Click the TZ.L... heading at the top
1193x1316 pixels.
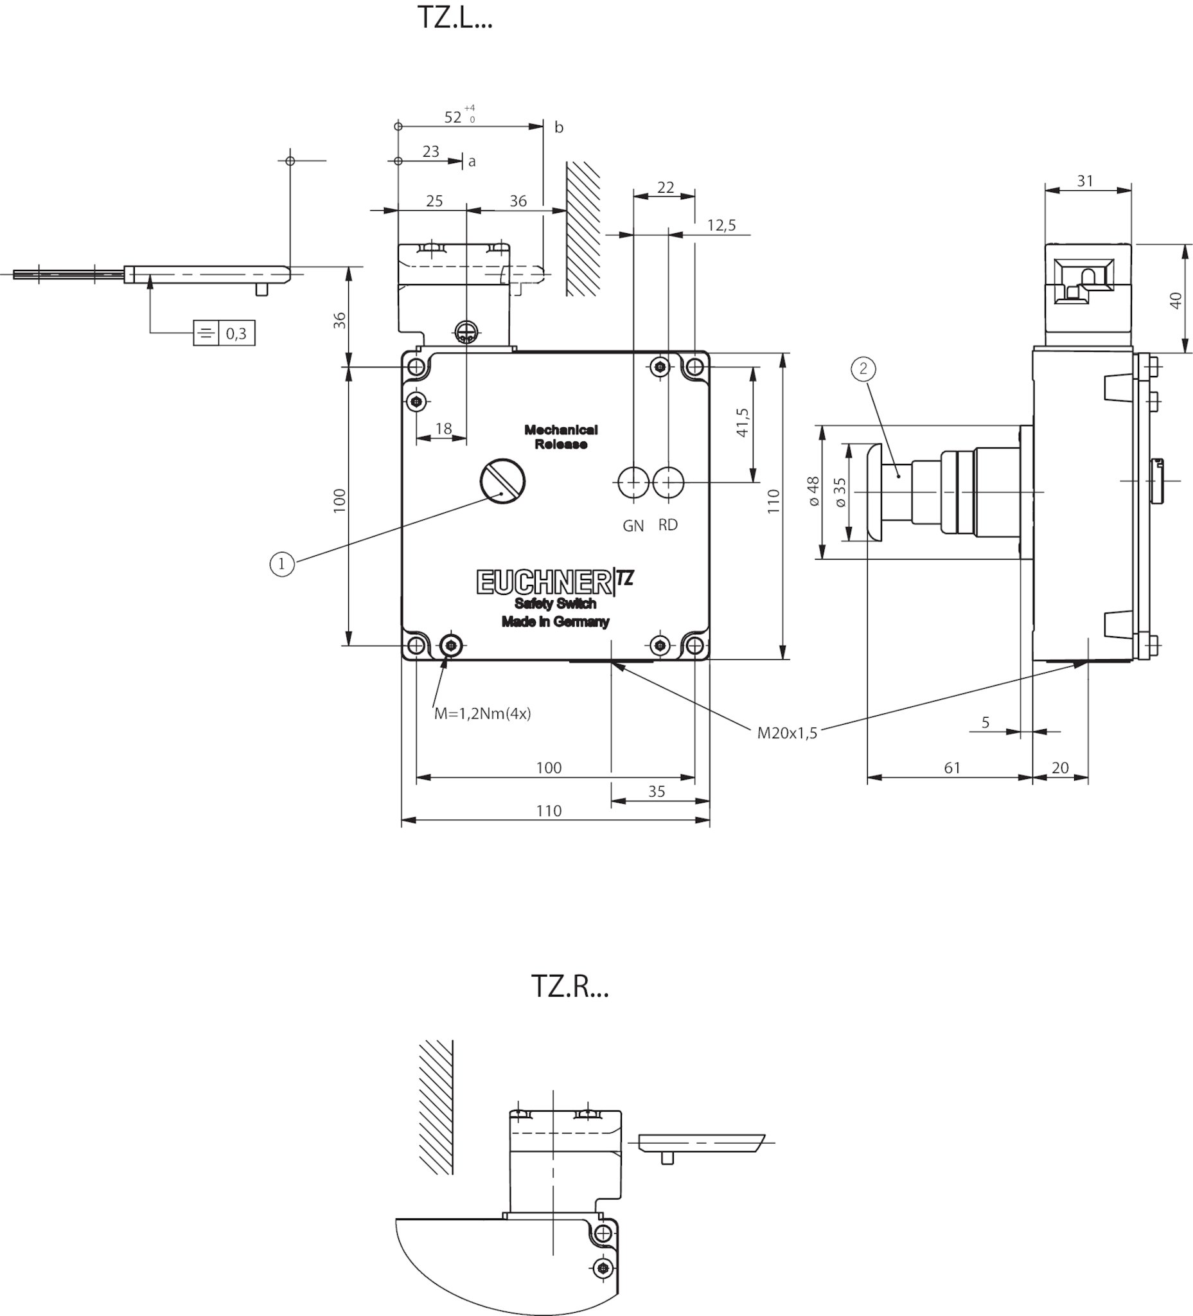454,18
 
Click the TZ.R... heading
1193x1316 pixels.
569,986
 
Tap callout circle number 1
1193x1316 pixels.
282,564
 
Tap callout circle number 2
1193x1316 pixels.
863,369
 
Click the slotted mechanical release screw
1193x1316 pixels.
502,481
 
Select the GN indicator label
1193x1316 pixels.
633,526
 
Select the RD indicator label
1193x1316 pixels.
667,525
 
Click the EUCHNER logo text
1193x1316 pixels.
543,582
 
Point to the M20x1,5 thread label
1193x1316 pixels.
786,733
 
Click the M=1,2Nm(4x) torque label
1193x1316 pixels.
482,713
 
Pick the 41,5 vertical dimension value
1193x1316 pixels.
742,422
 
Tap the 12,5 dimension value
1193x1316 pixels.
721,225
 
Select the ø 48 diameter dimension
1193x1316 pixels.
813,491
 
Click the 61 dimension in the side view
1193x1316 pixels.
952,768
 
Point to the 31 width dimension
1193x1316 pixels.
1084,181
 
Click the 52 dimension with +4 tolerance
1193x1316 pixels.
453,117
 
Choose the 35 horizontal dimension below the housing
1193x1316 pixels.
657,791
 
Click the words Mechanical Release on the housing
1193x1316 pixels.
561,437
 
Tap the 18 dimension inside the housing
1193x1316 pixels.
443,428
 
